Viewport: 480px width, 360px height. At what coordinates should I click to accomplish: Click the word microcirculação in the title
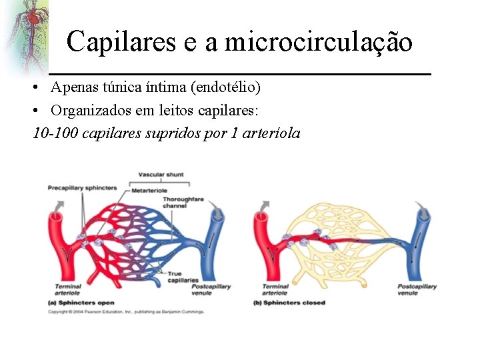[319, 41]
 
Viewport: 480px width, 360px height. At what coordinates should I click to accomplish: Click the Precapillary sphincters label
[82, 188]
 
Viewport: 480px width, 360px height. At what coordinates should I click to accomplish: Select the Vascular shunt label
[161, 175]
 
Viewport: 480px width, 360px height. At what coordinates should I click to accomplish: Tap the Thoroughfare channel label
[175, 202]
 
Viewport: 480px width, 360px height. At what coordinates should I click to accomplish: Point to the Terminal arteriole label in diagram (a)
[68, 289]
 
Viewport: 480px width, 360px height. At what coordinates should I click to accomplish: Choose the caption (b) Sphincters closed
[289, 303]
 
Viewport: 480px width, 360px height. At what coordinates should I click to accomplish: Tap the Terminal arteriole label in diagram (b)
[274, 289]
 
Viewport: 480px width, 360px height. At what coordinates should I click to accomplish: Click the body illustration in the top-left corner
[27, 30]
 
